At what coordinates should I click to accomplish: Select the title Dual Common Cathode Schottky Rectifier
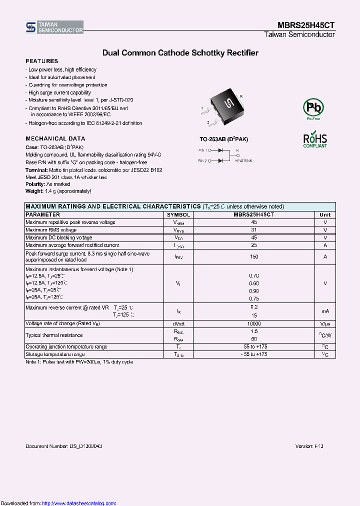(180, 52)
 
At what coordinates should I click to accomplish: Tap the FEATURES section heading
(41, 61)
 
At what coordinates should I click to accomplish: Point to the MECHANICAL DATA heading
(55, 138)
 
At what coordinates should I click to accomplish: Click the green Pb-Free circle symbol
(313, 107)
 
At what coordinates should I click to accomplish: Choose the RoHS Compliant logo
(315, 140)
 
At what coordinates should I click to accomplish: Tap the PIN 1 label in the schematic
(202, 150)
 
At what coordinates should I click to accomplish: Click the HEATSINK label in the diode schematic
(243, 161)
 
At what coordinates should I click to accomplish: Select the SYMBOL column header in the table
(178, 214)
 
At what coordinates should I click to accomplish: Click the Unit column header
(325, 214)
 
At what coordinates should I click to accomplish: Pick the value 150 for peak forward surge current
(254, 256)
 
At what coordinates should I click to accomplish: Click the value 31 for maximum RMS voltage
(254, 230)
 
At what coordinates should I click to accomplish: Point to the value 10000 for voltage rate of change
(254, 324)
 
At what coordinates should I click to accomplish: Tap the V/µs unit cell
(325, 324)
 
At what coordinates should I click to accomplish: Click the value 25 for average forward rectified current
(254, 245)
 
